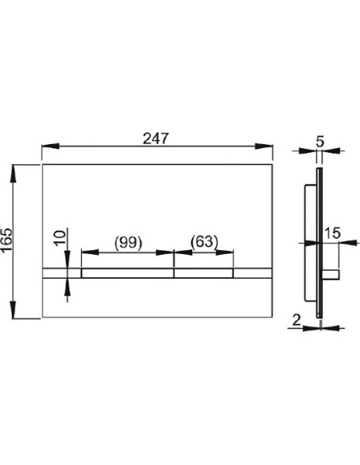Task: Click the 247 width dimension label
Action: tap(157, 138)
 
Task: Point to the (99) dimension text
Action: tap(127, 243)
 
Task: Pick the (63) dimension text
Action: tap(204, 243)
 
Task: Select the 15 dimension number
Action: tap(332, 233)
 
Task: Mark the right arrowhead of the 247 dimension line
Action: tap(268, 147)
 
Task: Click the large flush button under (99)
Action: tap(127, 274)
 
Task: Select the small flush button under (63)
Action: tap(204, 274)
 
